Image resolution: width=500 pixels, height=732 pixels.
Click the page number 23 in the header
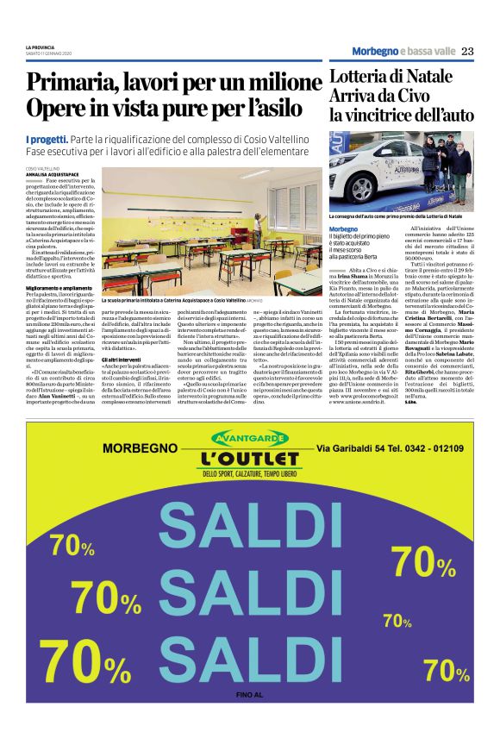466,51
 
